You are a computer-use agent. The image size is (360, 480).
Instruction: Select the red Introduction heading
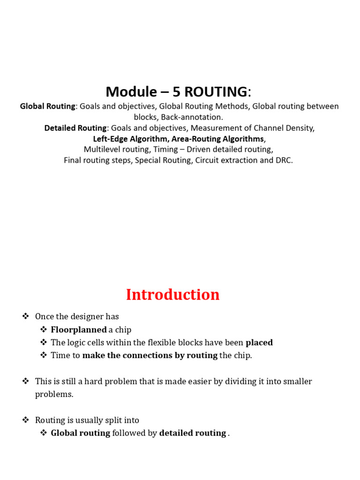click(172, 294)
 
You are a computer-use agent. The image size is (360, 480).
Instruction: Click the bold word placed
click(259, 343)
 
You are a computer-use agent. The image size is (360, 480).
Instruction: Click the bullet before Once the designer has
click(26, 316)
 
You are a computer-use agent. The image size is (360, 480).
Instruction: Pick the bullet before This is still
click(26, 381)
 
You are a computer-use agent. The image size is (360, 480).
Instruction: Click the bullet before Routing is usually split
click(26, 420)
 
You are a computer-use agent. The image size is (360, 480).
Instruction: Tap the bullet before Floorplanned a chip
click(44, 330)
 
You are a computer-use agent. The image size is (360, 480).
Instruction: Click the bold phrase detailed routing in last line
click(193, 433)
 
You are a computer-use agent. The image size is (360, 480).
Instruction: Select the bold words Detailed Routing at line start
click(75, 128)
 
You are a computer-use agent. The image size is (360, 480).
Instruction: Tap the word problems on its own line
click(54, 394)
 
